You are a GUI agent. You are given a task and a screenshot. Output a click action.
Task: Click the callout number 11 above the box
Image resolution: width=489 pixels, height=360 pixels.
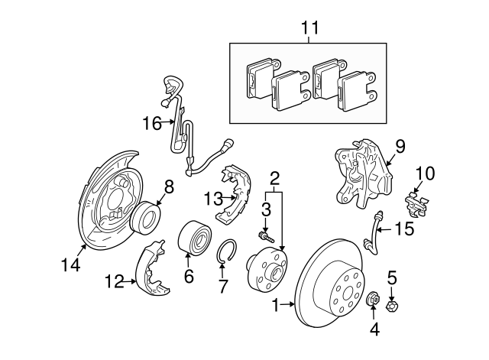pos(309,29)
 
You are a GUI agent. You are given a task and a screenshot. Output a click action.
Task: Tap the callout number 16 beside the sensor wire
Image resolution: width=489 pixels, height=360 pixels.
pos(153,122)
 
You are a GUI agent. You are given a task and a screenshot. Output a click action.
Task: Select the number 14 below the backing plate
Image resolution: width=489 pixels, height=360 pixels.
pos(70,267)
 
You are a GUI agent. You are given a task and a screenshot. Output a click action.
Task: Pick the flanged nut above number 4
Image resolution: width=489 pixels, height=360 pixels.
pos(374,298)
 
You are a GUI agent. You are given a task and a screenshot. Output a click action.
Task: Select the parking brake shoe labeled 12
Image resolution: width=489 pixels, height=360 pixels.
pos(153,268)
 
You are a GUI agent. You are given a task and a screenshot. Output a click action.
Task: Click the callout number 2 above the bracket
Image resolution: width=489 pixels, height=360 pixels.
pos(274,180)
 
